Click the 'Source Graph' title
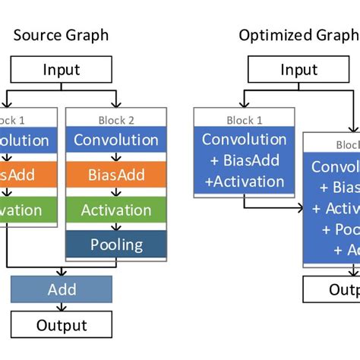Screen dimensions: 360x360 coord(61,35)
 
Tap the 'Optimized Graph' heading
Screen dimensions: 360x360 coord(298,35)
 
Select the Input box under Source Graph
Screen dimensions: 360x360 coord(61,71)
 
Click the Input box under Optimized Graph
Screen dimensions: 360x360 coord(298,71)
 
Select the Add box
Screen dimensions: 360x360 coord(61,290)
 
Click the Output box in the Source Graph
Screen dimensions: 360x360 coord(61,326)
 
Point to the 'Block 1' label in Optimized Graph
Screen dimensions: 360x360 coord(242,119)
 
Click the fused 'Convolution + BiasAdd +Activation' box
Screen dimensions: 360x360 coord(242,161)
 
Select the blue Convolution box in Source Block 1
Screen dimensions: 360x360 coord(27,141)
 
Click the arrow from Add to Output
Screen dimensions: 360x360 coord(61,308)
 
